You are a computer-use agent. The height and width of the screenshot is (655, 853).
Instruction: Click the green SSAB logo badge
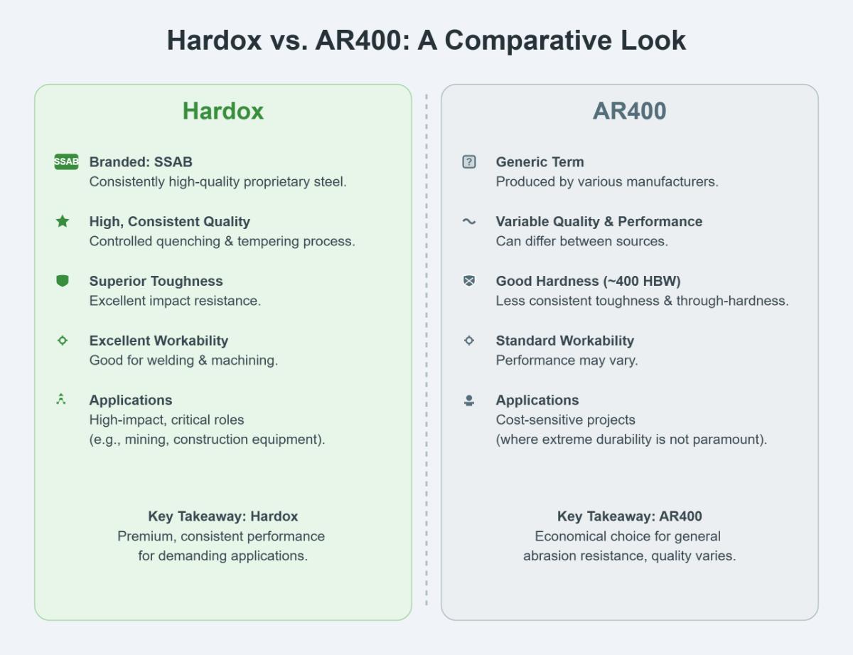[x=66, y=161]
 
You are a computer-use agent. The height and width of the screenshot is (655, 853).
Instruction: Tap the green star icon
[x=63, y=221]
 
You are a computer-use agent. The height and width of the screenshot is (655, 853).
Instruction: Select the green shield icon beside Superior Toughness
[x=63, y=281]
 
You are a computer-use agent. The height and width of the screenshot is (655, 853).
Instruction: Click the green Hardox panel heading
[x=223, y=111]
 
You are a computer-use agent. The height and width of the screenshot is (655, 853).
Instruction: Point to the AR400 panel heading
[x=629, y=111]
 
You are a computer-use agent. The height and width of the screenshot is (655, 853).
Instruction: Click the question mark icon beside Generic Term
[x=469, y=161]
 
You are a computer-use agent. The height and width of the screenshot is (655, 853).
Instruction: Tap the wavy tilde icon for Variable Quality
[x=469, y=221]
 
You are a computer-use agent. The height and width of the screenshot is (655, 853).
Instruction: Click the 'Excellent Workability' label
[x=159, y=341]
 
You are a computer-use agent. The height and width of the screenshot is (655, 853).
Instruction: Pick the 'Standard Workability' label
[x=564, y=341]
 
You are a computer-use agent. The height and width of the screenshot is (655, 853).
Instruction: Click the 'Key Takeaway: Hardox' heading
[x=223, y=516]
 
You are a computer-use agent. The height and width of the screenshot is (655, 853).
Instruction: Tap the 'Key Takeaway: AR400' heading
[x=629, y=516]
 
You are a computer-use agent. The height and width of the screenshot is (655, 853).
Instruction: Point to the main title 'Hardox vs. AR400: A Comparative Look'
[x=426, y=41]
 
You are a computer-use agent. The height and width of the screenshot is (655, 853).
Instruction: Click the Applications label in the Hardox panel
[x=131, y=400]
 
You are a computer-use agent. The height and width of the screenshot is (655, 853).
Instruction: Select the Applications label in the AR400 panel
[x=537, y=400]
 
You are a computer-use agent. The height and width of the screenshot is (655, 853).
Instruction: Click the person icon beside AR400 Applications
[x=469, y=400]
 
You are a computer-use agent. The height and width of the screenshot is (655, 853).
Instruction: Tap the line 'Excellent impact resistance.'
[x=175, y=301]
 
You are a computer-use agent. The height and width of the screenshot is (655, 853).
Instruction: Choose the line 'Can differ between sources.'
[x=581, y=241]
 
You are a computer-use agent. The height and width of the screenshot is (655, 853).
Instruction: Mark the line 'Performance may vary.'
[x=567, y=361]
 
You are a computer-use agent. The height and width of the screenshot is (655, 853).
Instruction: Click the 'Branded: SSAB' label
[x=141, y=161]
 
